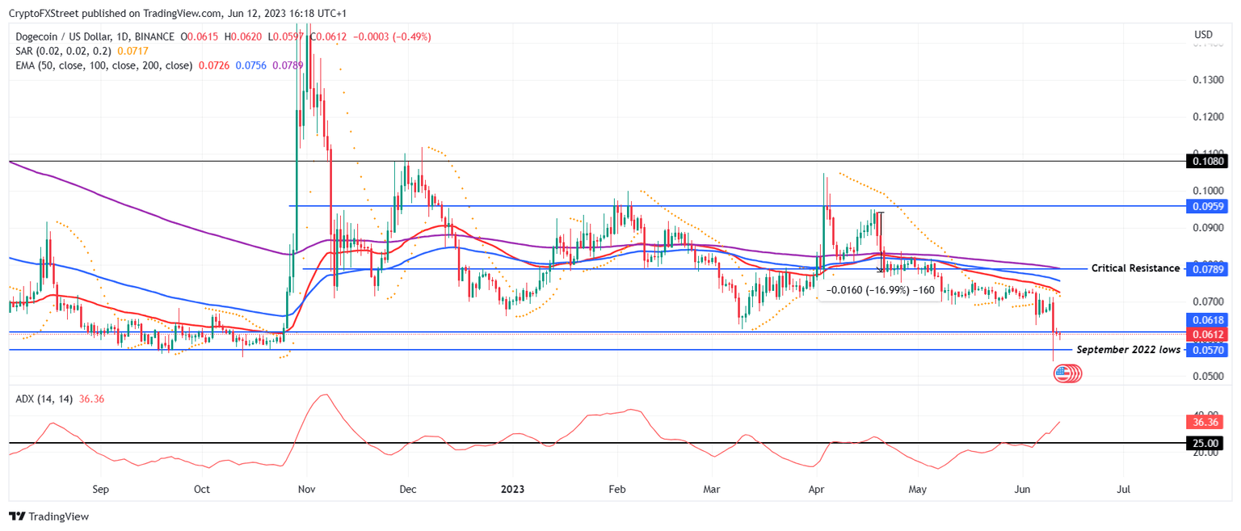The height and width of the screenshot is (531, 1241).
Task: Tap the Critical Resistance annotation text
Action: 1135,268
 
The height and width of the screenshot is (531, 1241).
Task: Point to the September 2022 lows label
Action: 1129,350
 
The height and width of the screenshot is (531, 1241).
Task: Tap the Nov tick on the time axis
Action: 306,489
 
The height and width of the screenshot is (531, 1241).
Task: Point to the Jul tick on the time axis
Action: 1123,489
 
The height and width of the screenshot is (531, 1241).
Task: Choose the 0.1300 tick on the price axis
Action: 1208,79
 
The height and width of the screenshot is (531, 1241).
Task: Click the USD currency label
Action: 1203,35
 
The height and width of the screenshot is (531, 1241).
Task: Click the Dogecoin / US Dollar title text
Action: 61,36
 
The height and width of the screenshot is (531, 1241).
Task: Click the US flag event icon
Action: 1062,373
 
